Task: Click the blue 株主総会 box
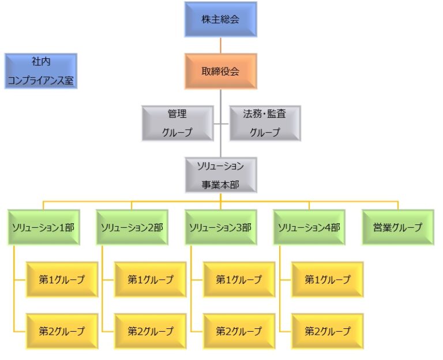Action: tap(220, 20)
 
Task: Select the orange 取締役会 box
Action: tap(220, 71)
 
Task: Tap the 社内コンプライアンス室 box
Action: tap(40, 71)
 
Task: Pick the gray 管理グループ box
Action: tap(177, 123)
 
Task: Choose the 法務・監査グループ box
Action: tap(265, 123)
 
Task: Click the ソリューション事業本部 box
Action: tap(220, 175)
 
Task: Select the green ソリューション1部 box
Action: tap(43, 227)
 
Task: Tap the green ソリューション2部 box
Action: tap(132, 227)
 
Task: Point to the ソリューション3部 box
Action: tap(220, 227)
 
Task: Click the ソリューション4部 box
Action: tap(309, 227)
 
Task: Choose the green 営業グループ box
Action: tap(397, 227)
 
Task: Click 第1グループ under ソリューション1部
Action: tap(62, 279)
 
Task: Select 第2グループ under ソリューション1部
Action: tap(62, 331)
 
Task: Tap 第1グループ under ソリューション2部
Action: tap(151, 279)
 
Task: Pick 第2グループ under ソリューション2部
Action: tap(151, 331)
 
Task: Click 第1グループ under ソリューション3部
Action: tap(239, 279)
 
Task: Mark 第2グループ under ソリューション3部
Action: tap(239, 331)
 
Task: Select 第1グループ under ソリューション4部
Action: tap(328, 279)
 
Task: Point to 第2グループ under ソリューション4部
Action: tap(328, 331)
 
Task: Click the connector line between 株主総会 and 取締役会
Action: tap(220, 46)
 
